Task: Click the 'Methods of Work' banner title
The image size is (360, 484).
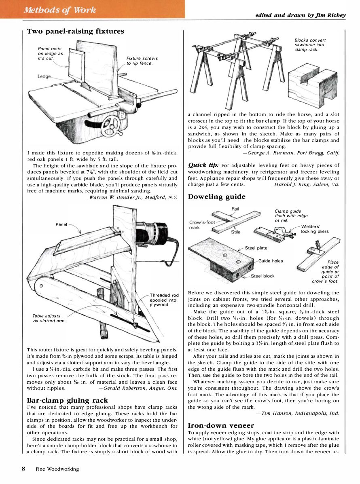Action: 60,10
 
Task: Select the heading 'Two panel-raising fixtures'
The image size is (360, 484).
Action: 75,31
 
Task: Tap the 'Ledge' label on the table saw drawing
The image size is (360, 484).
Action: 45,76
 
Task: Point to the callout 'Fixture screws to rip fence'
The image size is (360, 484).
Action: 142,61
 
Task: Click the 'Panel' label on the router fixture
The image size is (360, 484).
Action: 61,224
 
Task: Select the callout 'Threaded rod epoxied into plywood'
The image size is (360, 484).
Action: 164,300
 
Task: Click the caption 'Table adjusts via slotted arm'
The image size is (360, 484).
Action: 47,318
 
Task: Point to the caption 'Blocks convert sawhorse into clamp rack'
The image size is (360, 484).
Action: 310,44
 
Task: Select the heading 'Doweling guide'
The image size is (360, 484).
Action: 216,197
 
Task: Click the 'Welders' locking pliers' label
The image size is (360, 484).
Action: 315,229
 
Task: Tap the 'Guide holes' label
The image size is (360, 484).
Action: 271,261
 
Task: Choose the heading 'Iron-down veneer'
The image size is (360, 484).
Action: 221,425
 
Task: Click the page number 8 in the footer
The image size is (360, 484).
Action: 24,469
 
